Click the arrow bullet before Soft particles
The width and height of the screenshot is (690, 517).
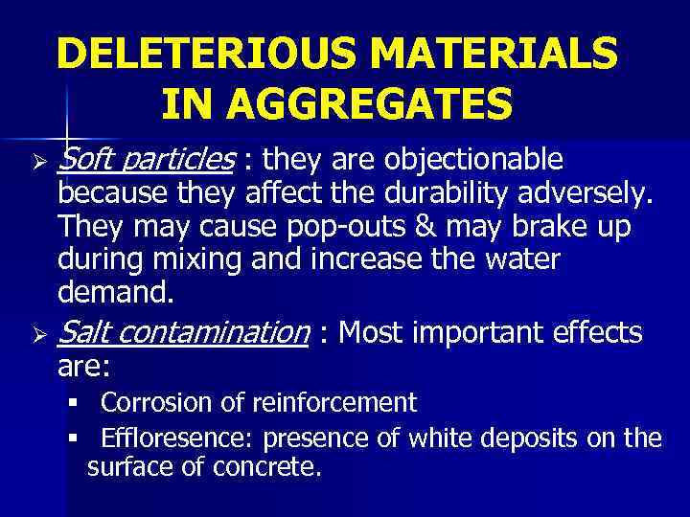[39, 158]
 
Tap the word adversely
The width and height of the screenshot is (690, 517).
[590, 198]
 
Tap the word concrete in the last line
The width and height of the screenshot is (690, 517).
[271, 469]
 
